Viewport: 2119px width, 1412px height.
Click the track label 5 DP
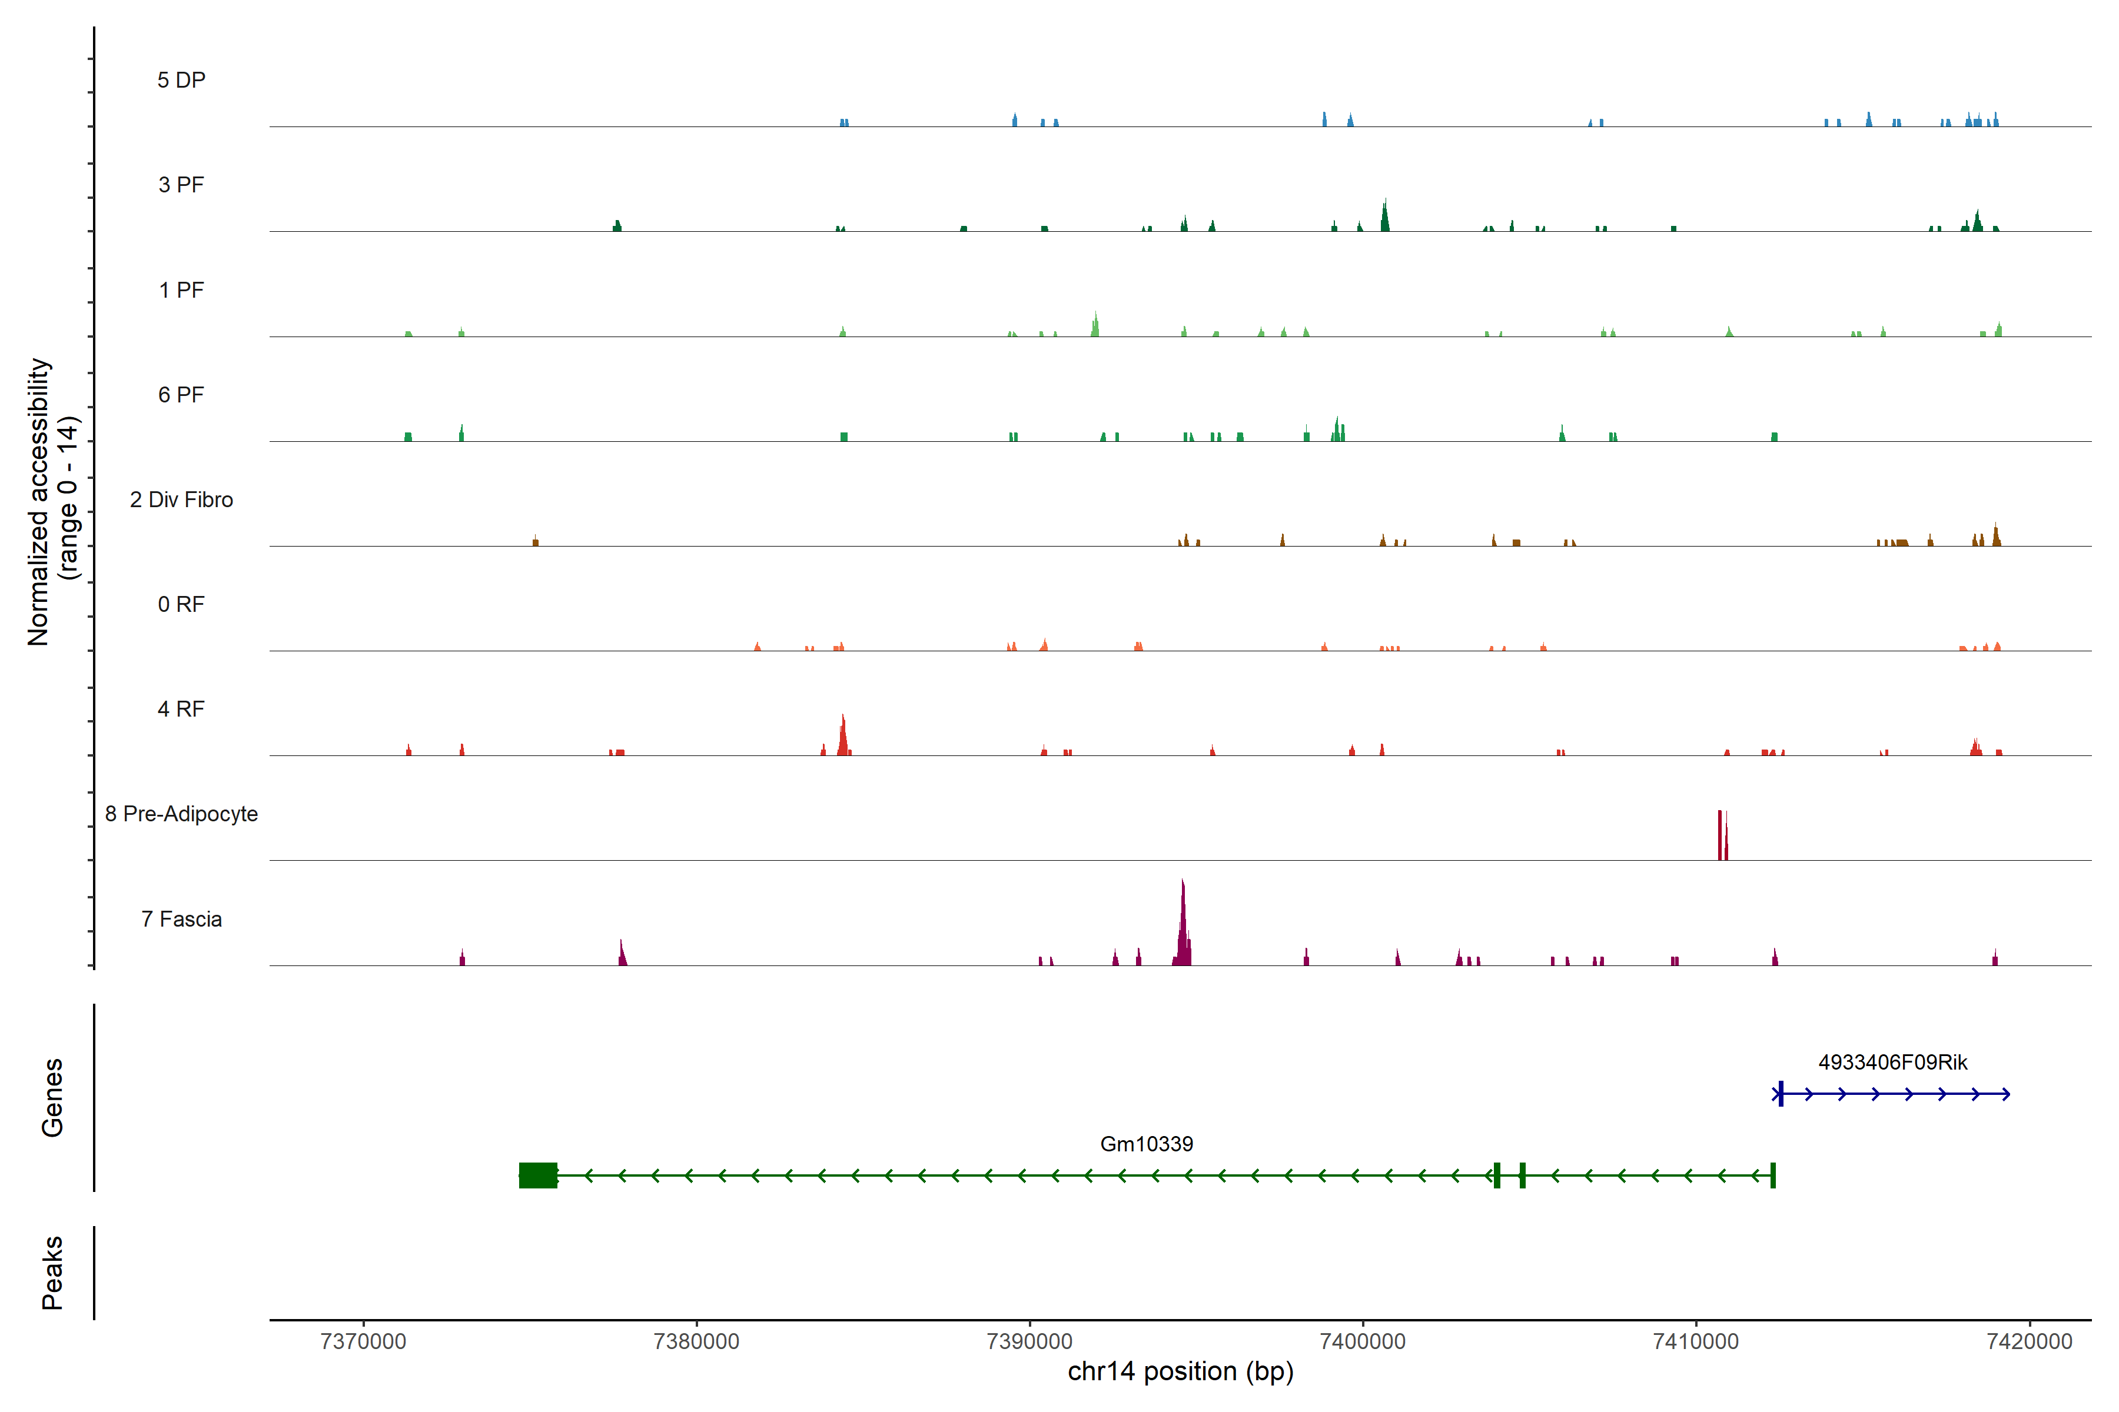[x=181, y=80]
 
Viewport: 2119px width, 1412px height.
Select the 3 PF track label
[x=181, y=185]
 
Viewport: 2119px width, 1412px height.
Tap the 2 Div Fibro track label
[x=181, y=499]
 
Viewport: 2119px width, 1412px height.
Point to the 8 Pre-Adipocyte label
[x=181, y=814]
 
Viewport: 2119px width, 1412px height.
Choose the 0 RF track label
[x=181, y=604]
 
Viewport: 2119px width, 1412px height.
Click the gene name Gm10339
[x=1146, y=1144]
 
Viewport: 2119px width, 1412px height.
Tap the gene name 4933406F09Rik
[x=1892, y=1062]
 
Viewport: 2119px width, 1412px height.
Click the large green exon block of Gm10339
[x=538, y=1175]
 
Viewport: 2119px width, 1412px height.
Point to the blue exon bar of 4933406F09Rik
[x=1780, y=1094]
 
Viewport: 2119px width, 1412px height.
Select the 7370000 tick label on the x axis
[x=363, y=1342]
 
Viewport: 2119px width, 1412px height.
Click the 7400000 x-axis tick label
[x=1362, y=1342]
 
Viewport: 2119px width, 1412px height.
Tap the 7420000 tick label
[x=2029, y=1342]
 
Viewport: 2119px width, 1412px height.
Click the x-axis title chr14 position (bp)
[x=1180, y=1371]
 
